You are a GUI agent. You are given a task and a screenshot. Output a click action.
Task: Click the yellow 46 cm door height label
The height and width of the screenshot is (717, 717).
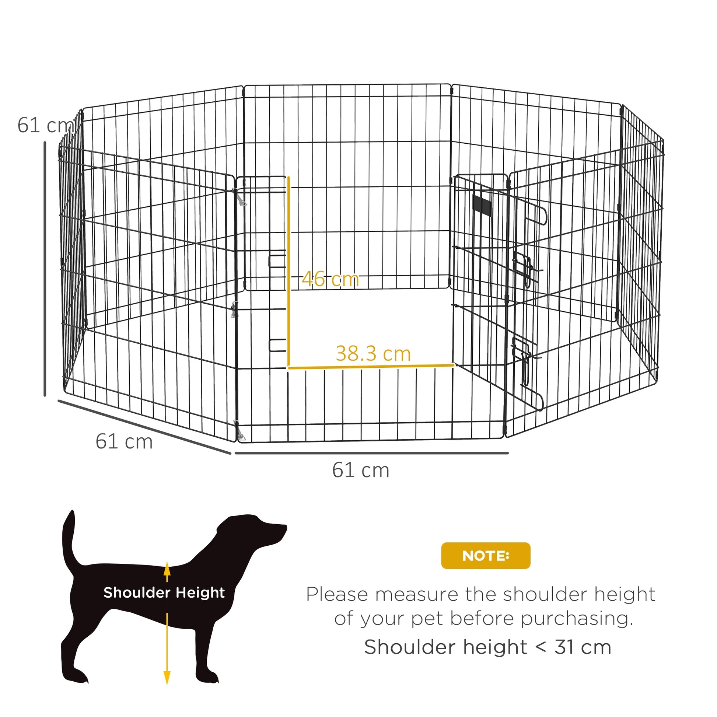[x=330, y=279]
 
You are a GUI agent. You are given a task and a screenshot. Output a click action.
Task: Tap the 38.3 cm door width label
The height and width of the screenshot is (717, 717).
[x=373, y=354]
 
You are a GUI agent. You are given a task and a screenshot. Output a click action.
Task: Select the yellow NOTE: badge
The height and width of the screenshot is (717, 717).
[x=485, y=556]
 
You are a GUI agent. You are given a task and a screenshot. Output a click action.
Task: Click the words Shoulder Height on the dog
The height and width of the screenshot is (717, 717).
[x=164, y=593]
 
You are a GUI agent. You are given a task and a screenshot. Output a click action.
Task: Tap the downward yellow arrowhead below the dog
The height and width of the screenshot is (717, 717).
[x=167, y=677]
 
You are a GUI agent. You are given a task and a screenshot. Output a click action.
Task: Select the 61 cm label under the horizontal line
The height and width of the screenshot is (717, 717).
[x=360, y=470]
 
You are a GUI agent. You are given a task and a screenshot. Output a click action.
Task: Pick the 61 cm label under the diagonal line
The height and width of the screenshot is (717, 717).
[x=124, y=441]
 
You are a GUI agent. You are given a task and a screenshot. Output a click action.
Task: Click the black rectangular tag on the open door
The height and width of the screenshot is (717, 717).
[x=482, y=205]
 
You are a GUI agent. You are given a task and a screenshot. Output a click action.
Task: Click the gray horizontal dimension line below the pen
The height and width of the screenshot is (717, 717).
[x=371, y=453]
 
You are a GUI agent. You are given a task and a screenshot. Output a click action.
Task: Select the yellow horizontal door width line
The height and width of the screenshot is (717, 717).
[x=371, y=367]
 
